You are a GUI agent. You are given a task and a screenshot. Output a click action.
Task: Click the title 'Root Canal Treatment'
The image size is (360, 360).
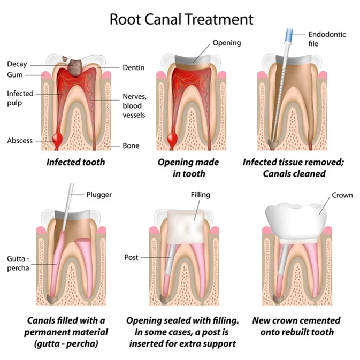pyautogui.click(x=181, y=19)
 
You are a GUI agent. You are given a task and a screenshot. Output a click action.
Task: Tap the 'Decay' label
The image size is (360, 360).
pyautogui.click(x=17, y=64)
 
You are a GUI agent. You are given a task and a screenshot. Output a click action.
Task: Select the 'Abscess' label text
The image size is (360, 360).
pyautogui.click(x=20, y=141)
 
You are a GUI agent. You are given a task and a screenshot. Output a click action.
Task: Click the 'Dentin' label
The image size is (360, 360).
pyautogui.click(x=134, y=67)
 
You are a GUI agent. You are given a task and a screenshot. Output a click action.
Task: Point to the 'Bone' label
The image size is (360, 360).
pyautogui.click(x=131, y=145)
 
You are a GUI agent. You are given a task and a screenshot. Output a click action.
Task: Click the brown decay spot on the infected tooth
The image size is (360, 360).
pyautogui.click(x=75, y=65)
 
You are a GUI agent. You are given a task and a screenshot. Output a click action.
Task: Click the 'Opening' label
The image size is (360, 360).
pyautogui.click(x=227, y=42)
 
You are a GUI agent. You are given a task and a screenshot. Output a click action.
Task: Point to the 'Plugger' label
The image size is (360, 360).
pyautogui.click(x=98, y=195)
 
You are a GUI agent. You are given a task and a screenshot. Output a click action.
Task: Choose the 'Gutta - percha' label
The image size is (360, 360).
pyautogui.click(x=18, y=263)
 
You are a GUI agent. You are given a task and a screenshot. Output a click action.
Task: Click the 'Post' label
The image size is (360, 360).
pyautogui.click(x=131, y=257)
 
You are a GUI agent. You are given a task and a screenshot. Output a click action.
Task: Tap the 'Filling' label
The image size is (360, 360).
pyautogui.click(x=200, y=195)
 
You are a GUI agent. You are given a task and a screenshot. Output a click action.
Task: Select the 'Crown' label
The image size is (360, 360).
pyautogui.click(x=342, y=195)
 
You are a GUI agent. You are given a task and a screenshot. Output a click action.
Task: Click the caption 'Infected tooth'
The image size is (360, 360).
pyautogui.click(x=75, y=162)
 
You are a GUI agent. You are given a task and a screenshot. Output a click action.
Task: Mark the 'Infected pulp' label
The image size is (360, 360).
pyautogui.click(x=20, y=98)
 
